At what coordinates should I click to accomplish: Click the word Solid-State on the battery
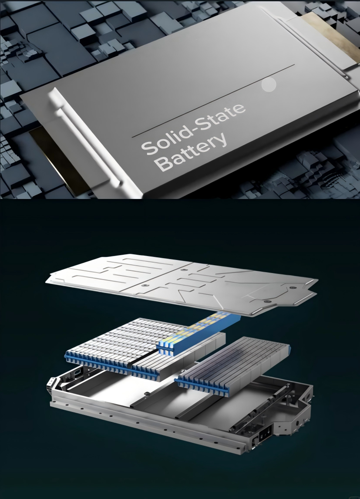pyautogui.click(x=193, y=128)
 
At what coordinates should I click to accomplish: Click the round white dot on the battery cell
pyautogui.click(x=269, y=85)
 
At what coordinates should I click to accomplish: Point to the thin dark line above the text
pyautogui.click(x=213, y=101)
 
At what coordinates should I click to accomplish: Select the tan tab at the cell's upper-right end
pyautogui.click(x=331, y=38)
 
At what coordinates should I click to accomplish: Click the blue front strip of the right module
pyautogui.click(x=202, y=387)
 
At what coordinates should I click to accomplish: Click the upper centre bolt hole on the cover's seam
pyautogui.click(x=183, y=270)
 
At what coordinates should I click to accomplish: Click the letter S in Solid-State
pyautogui.click(x=148, y=147)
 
